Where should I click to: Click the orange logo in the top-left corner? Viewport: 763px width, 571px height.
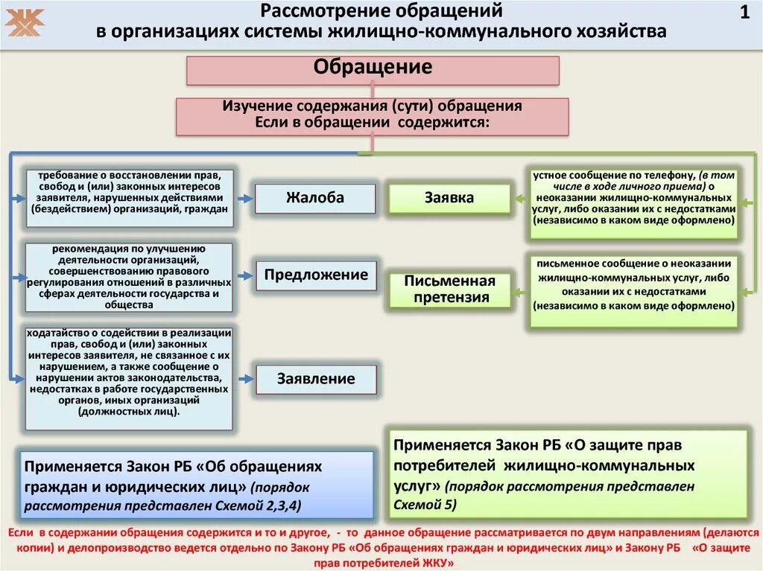point(25,22)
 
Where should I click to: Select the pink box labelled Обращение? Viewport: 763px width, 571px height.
point(373,69)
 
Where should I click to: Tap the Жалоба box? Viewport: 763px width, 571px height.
point(315,198)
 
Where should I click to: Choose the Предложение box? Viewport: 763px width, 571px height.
point(316,275)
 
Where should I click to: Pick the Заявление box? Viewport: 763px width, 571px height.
point(316,379)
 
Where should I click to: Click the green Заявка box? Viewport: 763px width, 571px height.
point(449,198)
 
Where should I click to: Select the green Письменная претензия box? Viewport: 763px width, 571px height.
point(449,290)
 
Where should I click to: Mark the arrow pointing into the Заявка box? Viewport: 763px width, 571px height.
point(519,199)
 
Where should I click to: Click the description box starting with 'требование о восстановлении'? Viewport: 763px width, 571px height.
point(129,198)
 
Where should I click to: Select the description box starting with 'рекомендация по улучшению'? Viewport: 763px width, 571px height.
point(129,277)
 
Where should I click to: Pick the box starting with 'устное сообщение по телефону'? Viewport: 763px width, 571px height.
point(633,202)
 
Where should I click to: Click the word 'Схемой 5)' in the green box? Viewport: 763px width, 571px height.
point(425,504)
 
